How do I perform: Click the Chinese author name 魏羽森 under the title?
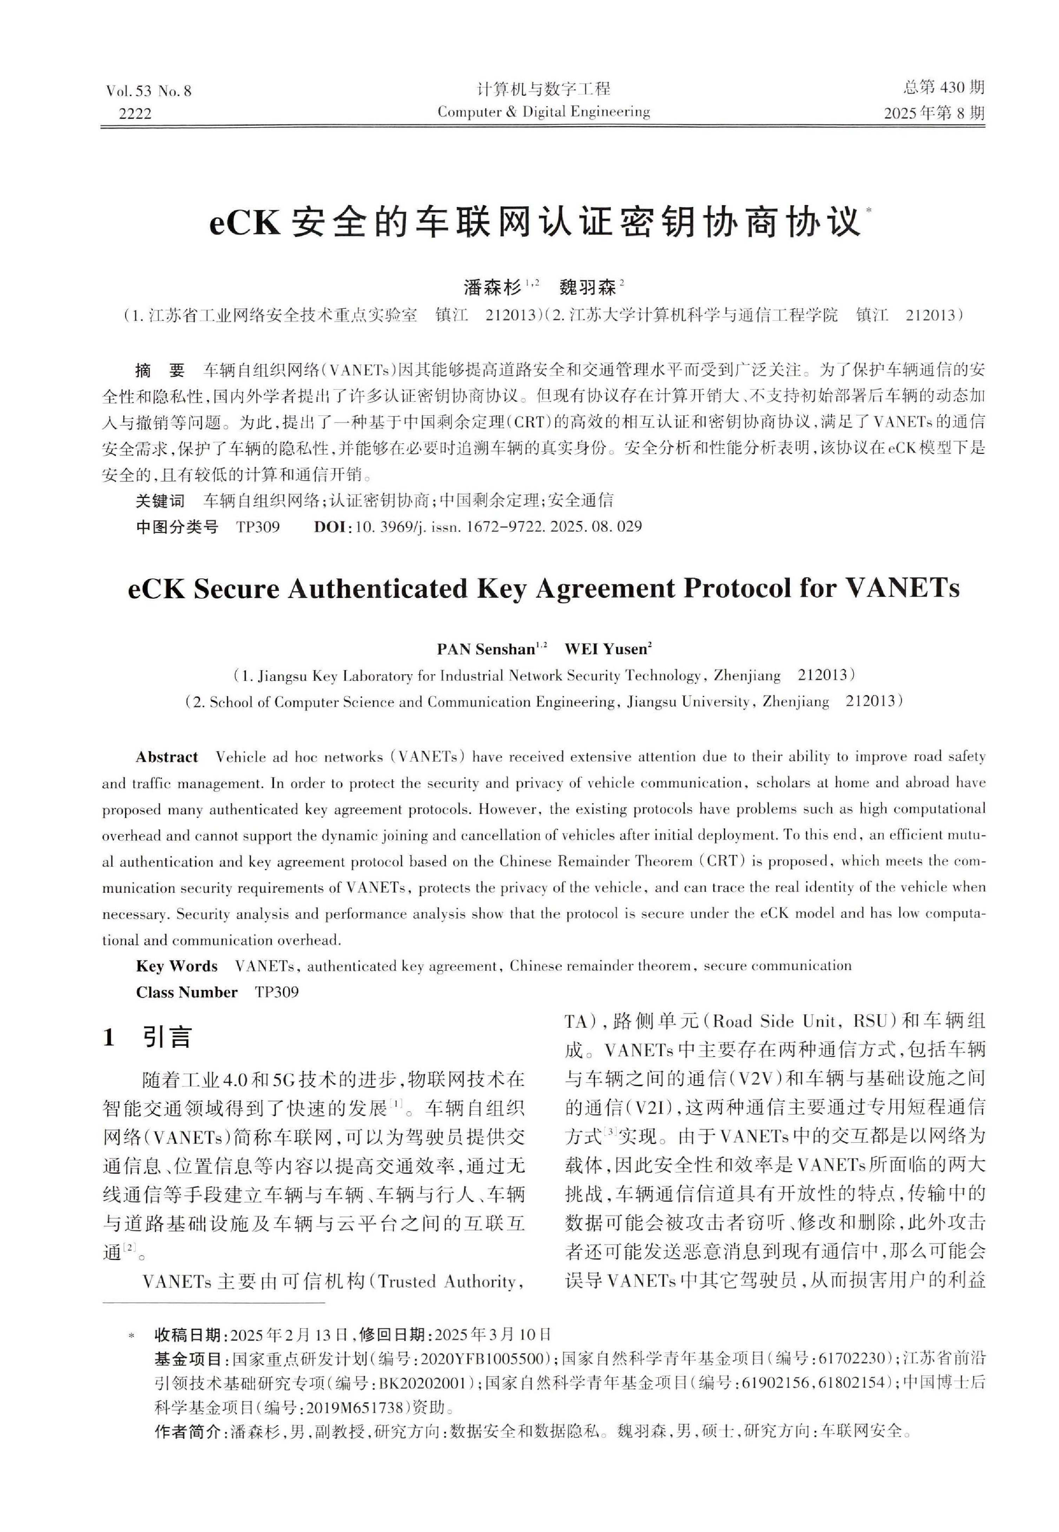click(x=587, y=287)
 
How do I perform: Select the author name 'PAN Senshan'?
click(x=486, y=649)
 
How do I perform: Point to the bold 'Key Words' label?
click(x=177, y=966)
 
